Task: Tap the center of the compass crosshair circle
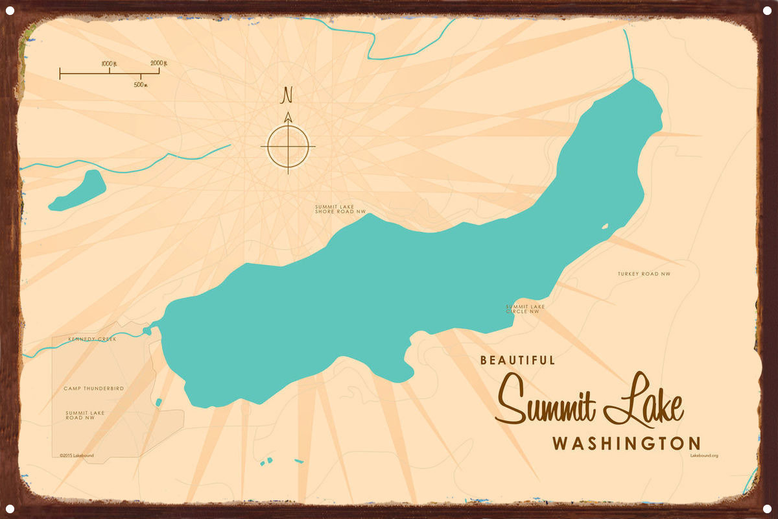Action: [288, 146]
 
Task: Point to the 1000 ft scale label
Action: [109, 63]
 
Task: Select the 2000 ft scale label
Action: [159, 63]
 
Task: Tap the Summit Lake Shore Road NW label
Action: [340, 209]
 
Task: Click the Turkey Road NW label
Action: [644, 274]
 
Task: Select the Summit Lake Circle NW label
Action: [525, 309]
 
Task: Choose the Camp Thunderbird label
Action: [93, 388]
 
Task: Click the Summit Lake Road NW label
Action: [85, 415]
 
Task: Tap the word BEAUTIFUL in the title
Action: [517, 360]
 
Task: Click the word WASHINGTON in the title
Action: [626, 444]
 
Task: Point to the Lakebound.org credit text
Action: [705, 456]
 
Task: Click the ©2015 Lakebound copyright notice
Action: [77, 455]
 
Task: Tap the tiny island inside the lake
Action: [605, 226]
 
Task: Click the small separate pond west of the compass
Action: [78, 191]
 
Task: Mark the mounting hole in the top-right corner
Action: [767, 10]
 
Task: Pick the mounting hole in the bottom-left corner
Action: [10, 508]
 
